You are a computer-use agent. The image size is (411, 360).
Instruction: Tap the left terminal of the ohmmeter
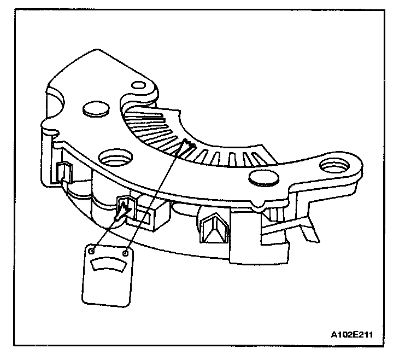coord(93,251)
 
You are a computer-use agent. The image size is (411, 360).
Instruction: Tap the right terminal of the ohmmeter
coord(127,253)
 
